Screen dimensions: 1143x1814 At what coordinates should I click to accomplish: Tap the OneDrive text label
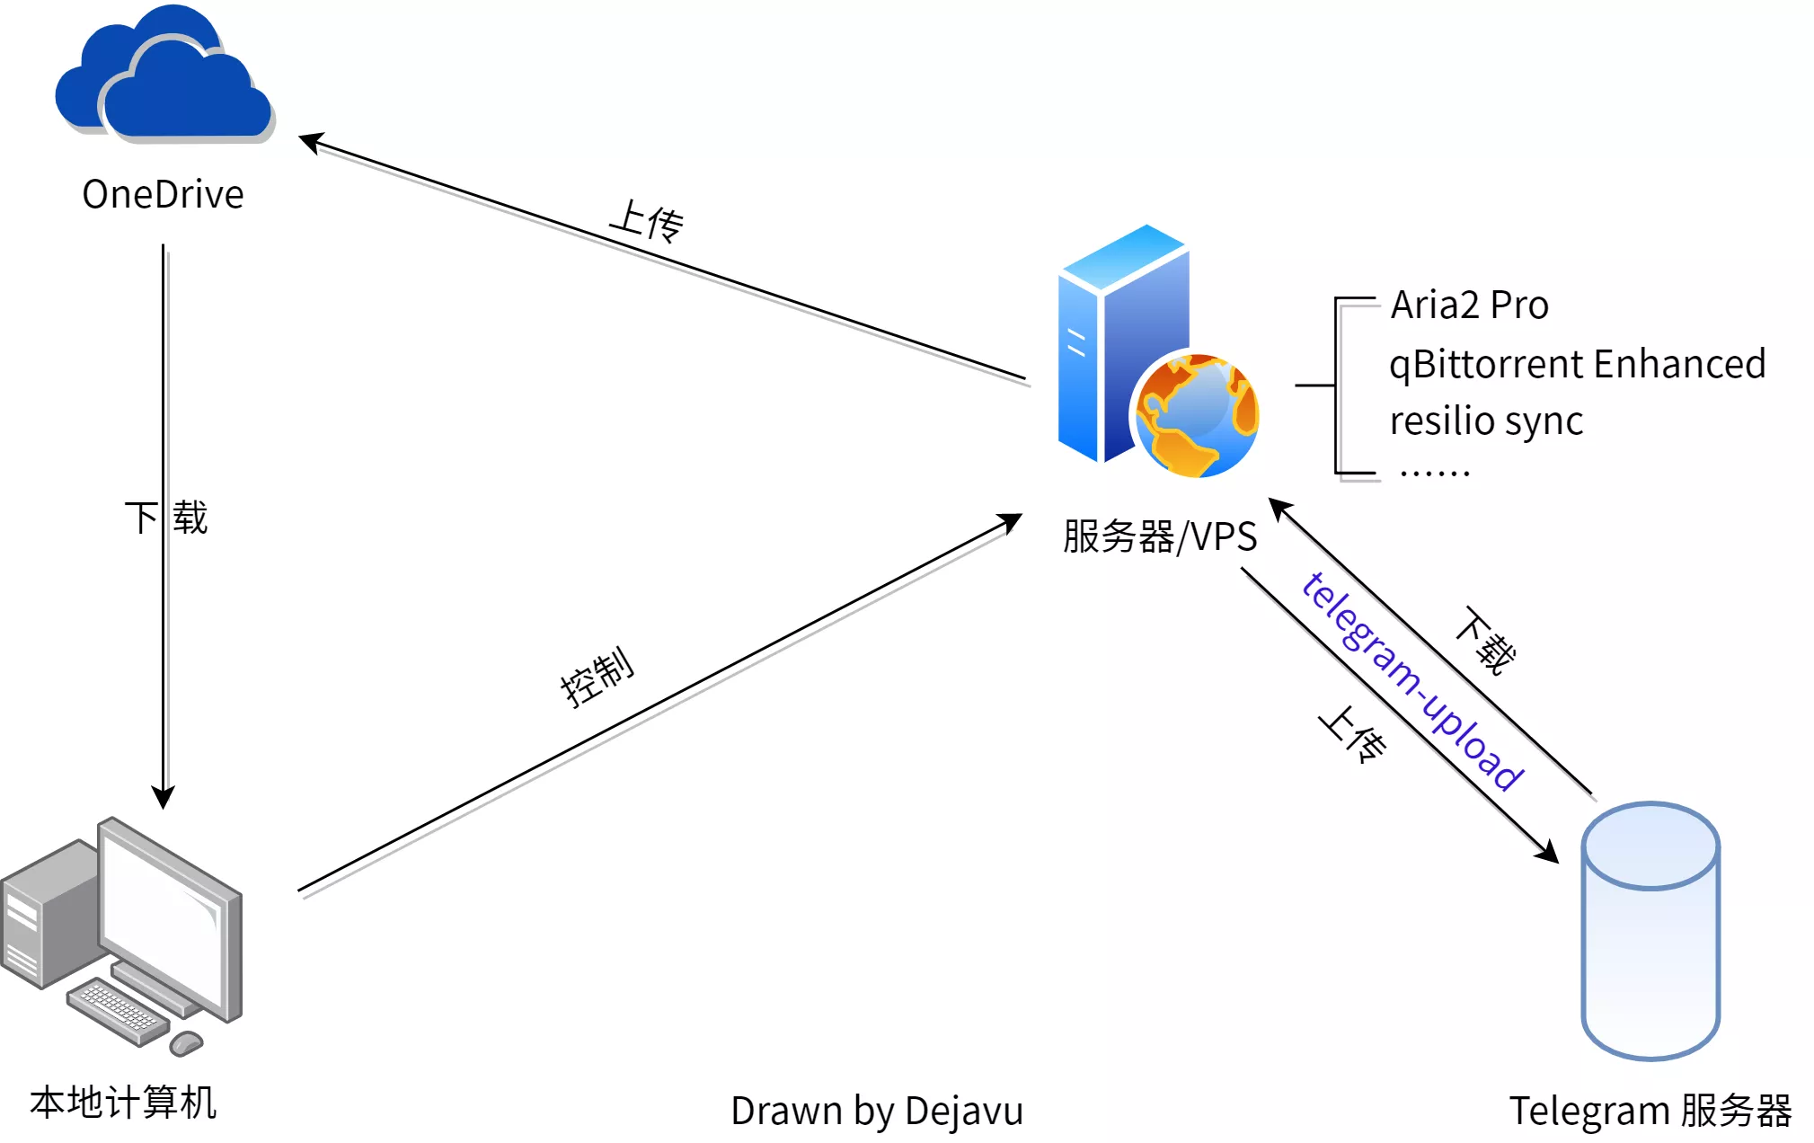(x=163, y=194)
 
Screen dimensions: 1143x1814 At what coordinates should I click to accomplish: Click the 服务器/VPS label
(x=1159, y=536)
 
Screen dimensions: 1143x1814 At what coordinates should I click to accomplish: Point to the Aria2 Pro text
(x=1469, y=306)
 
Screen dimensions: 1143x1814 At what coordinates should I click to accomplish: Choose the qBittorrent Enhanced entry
(x=1577, y=364)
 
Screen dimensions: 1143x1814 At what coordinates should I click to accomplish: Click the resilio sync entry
(x=1486, y=421)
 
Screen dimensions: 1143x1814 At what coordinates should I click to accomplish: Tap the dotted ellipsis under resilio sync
(x=1434, y=472)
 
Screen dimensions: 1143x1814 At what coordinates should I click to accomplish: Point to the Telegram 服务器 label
(x=1650, y=1111)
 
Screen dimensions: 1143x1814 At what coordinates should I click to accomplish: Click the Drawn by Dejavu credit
(x=877, y=1111)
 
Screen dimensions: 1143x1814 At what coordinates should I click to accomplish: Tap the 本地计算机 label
(x=123, y=1102)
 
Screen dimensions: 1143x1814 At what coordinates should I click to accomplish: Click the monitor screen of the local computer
(x=162, y=917)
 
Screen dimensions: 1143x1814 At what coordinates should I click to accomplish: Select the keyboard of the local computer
(x=117, y=1012)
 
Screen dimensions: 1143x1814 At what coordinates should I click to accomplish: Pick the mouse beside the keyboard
(x=187, y=1042)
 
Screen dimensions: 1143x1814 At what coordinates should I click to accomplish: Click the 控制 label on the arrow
(x=597, y=676)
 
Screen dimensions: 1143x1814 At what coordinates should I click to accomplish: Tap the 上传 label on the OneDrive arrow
(x=647, y=221)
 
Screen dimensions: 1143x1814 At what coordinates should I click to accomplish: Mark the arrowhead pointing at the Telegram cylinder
(x=1547, y=852)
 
